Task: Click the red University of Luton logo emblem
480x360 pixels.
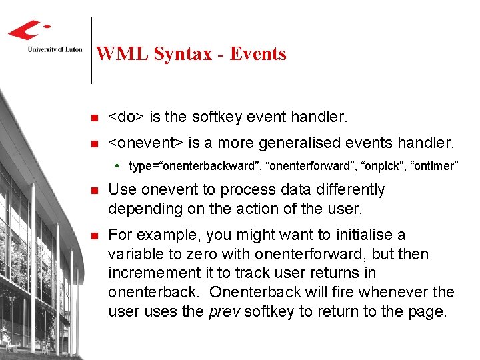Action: click(29, 31)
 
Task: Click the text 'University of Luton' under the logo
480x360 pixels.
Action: click(46, 49)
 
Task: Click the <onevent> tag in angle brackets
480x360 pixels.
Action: click(147, 143)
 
